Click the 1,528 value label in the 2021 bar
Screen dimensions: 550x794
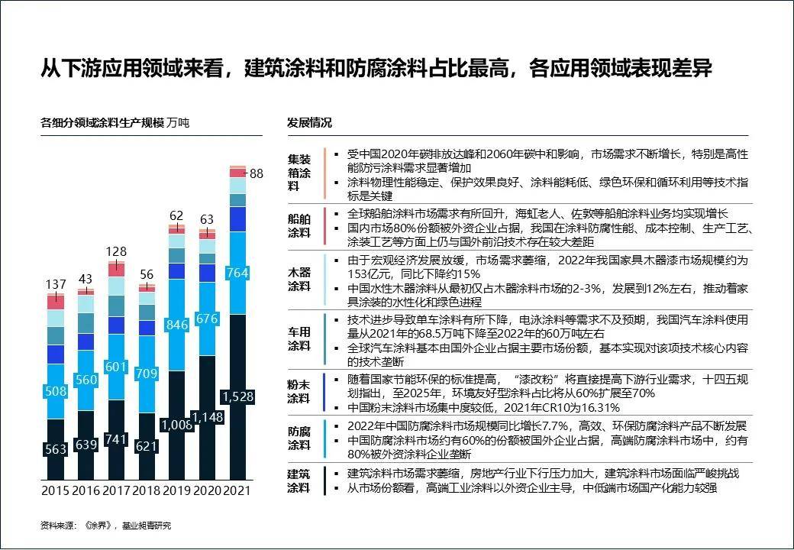(238, 396)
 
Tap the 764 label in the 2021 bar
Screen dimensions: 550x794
(238, 273)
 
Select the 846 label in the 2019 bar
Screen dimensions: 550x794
(176, 325)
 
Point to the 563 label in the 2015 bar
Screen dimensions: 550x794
(56, 449)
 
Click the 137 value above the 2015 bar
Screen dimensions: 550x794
(56, 284)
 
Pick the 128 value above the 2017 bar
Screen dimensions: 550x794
(116, 252)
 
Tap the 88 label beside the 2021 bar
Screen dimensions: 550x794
(257, 173)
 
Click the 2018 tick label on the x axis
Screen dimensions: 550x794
(146, 490)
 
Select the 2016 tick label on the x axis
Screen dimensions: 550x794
(86, 490)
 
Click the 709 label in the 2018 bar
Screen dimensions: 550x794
(146, 374)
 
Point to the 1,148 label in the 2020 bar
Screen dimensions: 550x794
(207, 417)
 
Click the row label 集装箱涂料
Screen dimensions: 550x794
(299, 173)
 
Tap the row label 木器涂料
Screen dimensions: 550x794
(299, 279)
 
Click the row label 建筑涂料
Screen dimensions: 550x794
(299, 480)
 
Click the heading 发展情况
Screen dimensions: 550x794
(309, 123)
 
